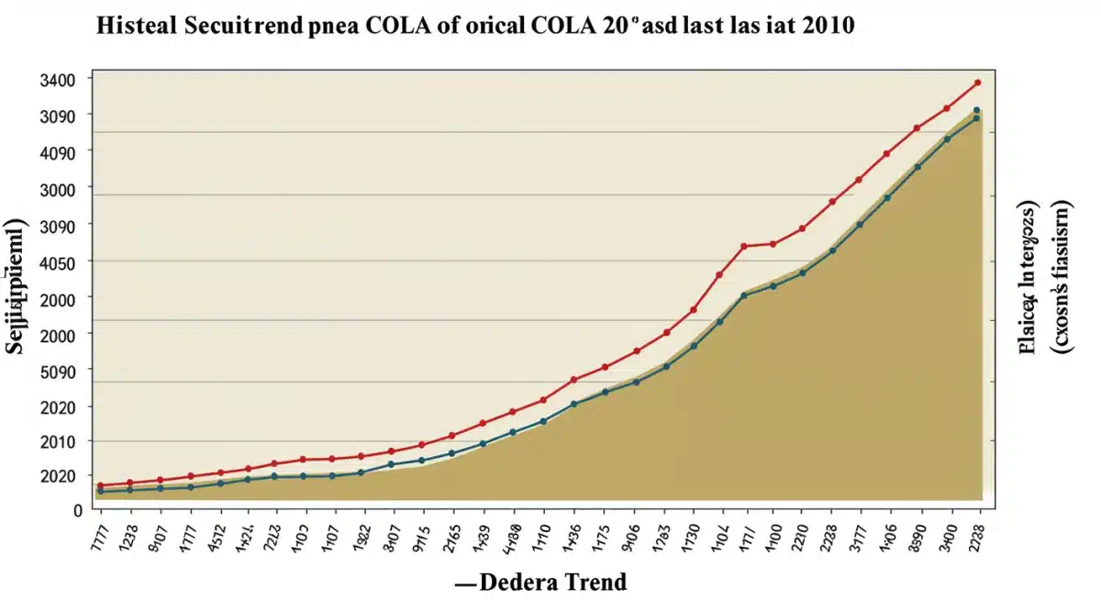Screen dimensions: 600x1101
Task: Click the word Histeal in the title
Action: (137, 26)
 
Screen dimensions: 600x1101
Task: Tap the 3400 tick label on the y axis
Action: (59, 79)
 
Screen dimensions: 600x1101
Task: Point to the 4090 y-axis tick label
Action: (59, 151)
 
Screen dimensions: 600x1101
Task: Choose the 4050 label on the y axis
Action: (59, 261)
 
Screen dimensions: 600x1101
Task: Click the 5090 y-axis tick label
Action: (59, 370)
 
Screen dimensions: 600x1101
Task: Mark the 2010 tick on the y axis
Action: (59, 441)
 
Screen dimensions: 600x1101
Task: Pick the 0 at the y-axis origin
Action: (78, 510)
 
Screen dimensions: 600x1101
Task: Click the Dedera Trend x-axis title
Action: (540, 582)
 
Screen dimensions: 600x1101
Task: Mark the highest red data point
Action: (977, 83)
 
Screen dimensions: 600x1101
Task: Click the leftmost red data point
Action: (100, 485)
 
